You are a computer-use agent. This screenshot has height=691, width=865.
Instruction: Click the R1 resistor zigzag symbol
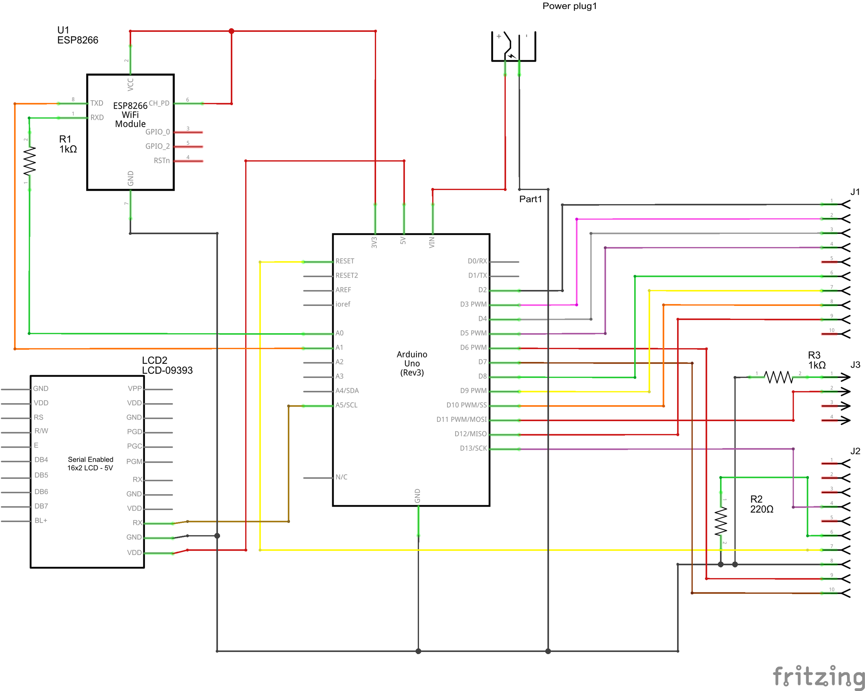click(x=29, y=161)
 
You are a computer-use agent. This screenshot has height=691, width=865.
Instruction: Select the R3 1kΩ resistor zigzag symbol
click(x=778, y=377)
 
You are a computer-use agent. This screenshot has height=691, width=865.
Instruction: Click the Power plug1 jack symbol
click(x=513, y=47)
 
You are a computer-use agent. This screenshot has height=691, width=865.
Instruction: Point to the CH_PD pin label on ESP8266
click(x=159, y=103)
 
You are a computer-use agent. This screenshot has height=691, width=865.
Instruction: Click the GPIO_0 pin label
click(x=157, y=132)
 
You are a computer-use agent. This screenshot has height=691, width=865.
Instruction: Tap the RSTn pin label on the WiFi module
click(x=162, y=161)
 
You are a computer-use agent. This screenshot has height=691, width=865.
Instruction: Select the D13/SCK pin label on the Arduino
click(x=473, y=448)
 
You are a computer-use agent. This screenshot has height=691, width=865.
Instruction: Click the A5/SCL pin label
click(x=346, y=405)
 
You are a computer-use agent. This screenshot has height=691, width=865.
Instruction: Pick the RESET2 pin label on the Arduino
click(x=347, y=275)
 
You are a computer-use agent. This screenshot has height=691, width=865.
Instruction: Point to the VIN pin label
click(x=432, y=242)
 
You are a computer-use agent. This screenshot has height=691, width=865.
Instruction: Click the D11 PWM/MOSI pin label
click(x=461, y=419)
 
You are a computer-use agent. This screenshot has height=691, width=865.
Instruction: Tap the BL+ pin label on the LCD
click(x=41, y=520)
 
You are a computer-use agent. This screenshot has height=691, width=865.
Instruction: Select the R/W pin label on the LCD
click(x=41, y=431)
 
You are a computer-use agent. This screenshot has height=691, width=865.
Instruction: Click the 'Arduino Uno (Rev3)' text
click(x=412, y=363)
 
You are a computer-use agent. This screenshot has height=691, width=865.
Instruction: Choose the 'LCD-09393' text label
click(x=167, y=370)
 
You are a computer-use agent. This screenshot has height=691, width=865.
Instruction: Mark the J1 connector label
click(x=855, y=192)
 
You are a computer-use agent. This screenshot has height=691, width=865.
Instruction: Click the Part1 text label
click(x=530, y=199)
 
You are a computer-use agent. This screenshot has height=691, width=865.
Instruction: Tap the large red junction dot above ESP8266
click(x=231, y=31)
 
